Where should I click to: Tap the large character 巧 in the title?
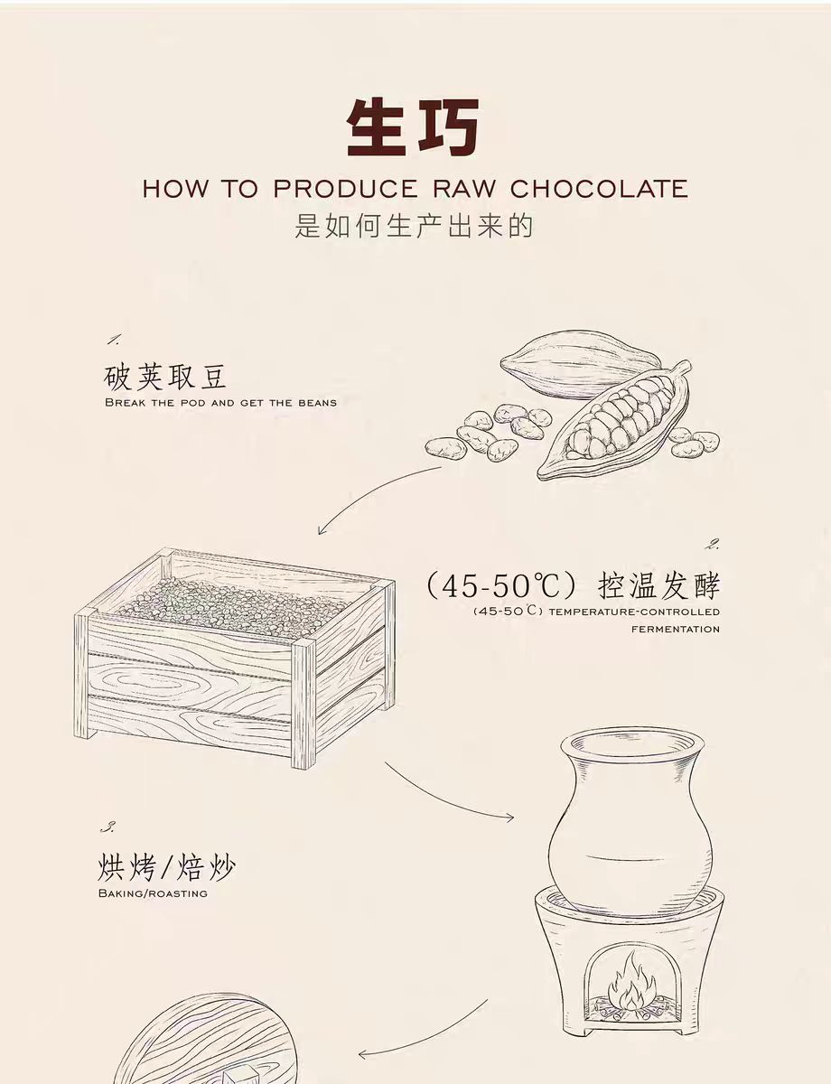coord(448,127)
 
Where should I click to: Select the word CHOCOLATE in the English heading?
coord(599,188)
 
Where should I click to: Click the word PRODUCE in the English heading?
coord(345,188)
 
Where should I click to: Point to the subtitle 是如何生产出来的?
coord(415,226)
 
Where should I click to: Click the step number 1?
coord(114,341)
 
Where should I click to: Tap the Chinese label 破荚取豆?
coord(165,376)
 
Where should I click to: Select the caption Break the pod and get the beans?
coord(221,403)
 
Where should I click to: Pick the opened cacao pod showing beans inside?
coord(614,421)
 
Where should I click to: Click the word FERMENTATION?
coord(676,630)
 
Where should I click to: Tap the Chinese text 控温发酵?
coord(658,585)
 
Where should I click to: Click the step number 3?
coord(107,827)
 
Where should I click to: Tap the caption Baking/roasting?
coord(153,892)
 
